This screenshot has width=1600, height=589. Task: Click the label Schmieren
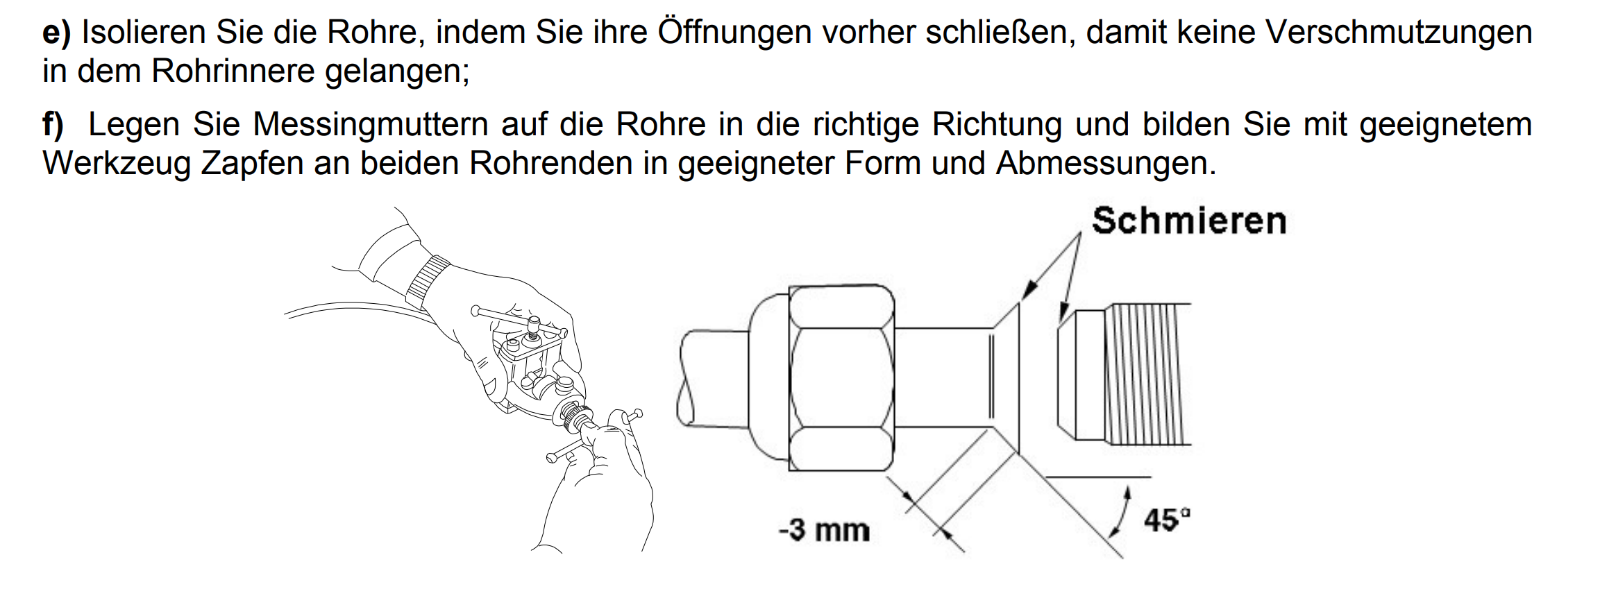click(x=1189, y=221)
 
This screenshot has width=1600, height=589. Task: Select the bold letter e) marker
click(x=57, y=33)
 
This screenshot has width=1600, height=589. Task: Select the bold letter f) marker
click(x=53, y=125)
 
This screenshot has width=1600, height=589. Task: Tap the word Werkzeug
click(x=116, y=164)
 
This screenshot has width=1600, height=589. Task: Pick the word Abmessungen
click(x=1106, y=164)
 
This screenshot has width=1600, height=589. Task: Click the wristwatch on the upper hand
click(x=426, y=281)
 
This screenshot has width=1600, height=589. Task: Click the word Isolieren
click(x=144, y=33)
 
